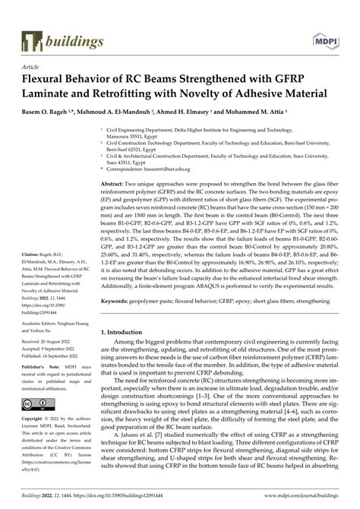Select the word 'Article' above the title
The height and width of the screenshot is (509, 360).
coord(32,67)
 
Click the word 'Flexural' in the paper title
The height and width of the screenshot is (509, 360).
coord(52,80)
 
